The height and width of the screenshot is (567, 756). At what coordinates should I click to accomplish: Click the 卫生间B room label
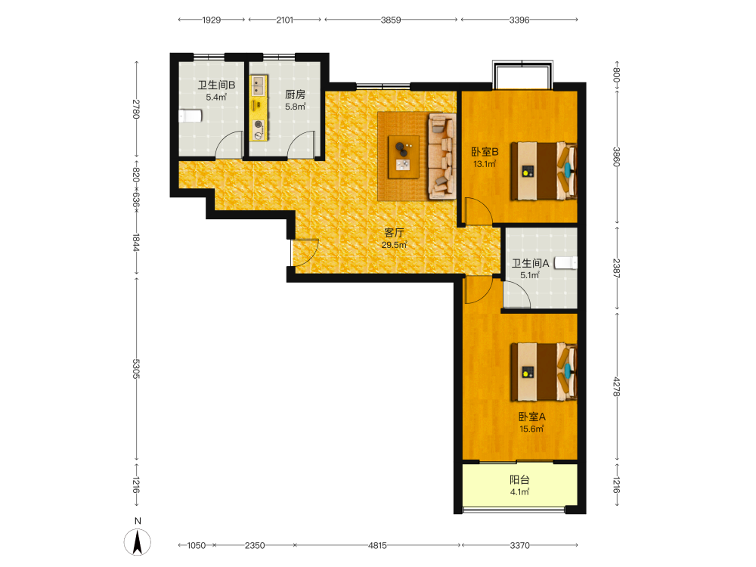point(216,85)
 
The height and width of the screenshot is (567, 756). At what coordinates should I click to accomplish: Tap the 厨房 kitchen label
point(295,94)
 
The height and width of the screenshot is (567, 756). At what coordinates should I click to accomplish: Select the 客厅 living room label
point(394,233)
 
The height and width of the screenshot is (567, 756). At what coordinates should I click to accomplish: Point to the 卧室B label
point(485,152)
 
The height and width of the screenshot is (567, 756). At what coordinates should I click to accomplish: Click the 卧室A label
point(531,417)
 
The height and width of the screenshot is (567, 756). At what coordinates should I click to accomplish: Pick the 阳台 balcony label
point(520,480)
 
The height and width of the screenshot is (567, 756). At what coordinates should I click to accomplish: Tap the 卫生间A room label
point(531,263)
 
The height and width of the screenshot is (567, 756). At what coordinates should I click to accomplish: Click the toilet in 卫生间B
point(190,116)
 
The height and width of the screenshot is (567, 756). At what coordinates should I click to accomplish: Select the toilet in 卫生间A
point(565,263)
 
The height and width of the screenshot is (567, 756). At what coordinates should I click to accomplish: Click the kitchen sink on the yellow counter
point(259,85)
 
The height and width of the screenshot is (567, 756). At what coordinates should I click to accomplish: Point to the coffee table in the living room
point(404,157)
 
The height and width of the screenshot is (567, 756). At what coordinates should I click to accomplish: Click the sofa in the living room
point(442,156)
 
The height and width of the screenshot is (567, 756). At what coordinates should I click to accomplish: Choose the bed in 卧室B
point(544,171)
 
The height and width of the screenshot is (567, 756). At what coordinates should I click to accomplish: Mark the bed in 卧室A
point(544,372)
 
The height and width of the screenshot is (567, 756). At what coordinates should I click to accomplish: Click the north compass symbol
point(138,542)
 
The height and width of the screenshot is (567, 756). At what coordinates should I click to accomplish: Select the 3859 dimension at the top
point(391,20)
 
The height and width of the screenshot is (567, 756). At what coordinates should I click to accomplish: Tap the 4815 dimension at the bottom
point(377,545)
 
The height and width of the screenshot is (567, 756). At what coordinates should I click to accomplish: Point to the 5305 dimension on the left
point(136,369)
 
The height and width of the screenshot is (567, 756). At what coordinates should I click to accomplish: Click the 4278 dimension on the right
point(616,386)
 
